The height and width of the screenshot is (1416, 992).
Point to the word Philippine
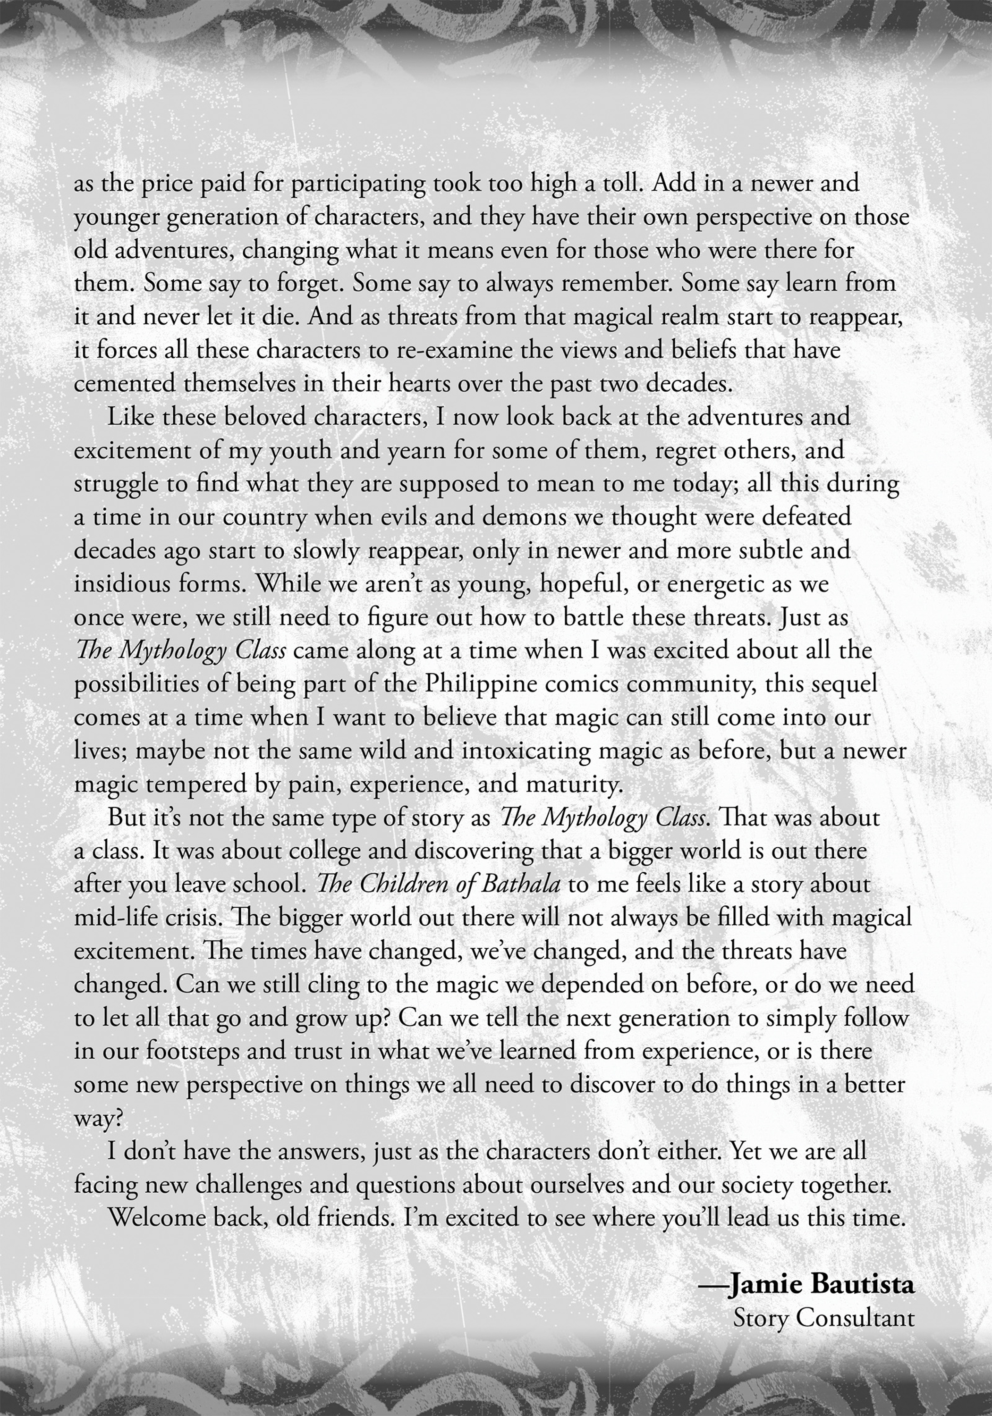(475, 684)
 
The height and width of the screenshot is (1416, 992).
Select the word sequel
(841, 684)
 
